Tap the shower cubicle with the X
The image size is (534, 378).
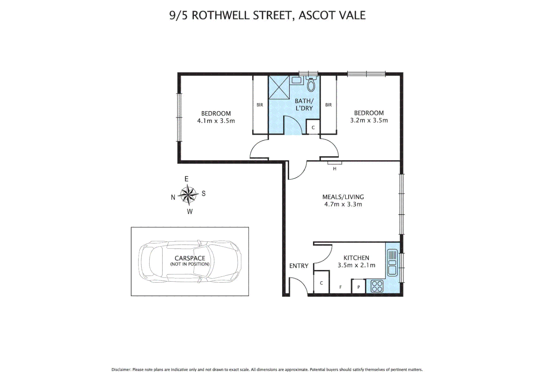pos(279,87)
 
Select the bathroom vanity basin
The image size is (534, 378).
pos(296,80)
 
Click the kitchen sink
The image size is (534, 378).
pos(392,262)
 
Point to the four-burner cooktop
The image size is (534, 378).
pos(377,286)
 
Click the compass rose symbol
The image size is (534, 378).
pos(188,195)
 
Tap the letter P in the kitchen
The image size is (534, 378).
pos(359,287)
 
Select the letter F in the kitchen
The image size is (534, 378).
pos(341,287)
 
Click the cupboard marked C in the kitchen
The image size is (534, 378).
pos(322,282)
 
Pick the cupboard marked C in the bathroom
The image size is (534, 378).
pos(313,127)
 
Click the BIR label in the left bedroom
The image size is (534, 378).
pos(260,105)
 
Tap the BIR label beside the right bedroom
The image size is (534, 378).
pos(329,105)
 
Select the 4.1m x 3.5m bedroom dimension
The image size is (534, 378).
pos(216,121)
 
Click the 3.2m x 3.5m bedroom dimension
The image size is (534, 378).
pos(369,120)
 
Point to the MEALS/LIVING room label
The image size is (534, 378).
pos(343,197)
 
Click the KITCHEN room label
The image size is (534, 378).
pos(356,258)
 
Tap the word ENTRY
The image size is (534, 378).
pos(299,266)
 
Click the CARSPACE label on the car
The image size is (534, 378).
pos(190,258)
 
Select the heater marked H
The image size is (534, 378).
pos(334,163)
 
